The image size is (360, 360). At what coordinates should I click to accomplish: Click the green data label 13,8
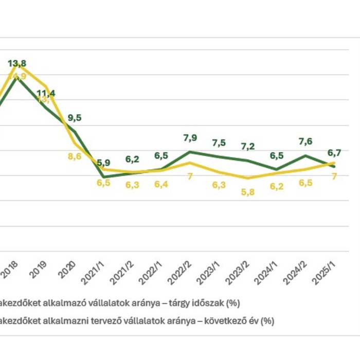(17, 64)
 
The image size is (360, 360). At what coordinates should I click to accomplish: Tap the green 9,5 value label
(75, 118)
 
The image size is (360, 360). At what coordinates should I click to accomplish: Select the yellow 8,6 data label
(75, 156)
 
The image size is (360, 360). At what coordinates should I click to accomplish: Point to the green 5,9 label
(103, 163)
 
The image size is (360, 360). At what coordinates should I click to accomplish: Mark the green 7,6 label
(305, 141)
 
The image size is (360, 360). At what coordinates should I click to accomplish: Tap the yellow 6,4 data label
(161, 185)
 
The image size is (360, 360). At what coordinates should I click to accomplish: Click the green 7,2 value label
(247, 146)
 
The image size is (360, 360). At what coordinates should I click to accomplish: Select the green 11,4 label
(46, 94)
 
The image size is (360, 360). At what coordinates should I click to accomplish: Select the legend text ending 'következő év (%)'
(137, 321)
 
